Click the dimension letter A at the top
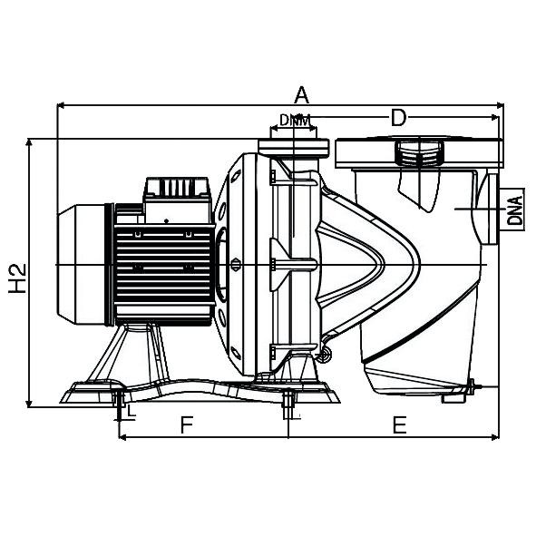click(301, 94)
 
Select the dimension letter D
click(397, 117)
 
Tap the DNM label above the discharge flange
click(293, 120)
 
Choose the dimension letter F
click(187, 424)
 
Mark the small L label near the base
click(132, 411)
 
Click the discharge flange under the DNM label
click(293, 147)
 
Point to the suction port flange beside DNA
click(491, 210)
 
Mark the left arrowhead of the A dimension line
click(62, 105)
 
